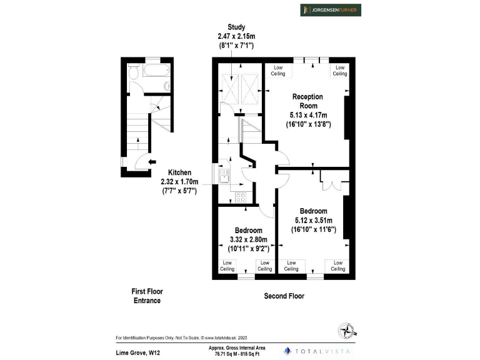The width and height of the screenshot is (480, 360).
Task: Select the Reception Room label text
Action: pyautogui.click(x=308, y=101)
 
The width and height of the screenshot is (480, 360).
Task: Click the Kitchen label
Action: pyautogui.click(x=179, y=172)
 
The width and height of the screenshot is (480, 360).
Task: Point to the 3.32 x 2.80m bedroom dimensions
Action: pyautogui.click(x=246, y=239)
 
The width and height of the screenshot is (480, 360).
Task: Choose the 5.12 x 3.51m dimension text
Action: pyautogui.click(x=314, y=220)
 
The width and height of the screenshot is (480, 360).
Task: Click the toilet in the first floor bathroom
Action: pyautogui.click(x=132, y=74)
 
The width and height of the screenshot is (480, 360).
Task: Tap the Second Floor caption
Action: pyautogui.click(x=284, y=296)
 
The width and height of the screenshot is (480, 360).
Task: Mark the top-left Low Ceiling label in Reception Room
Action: pyautogui.click(x=278, y=71)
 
